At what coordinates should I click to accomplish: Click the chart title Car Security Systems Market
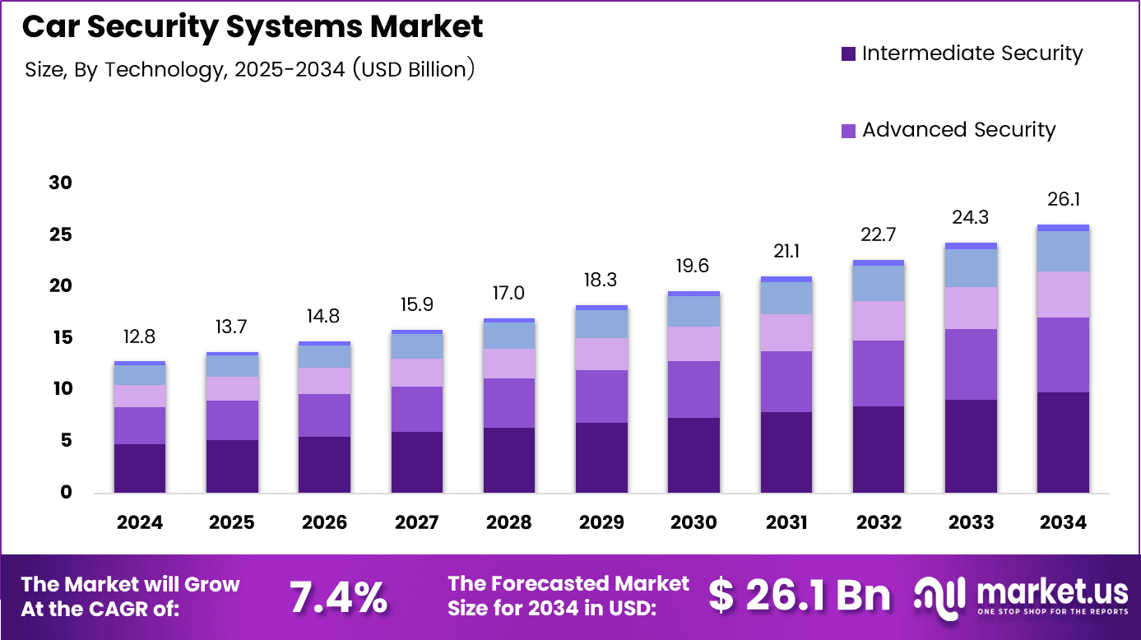pyautogui.click(x=253, y=27)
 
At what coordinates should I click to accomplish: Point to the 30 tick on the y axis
pyautogui.click(x=60, y=183)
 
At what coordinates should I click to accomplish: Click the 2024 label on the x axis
pyautogui.click(x=140, y=522)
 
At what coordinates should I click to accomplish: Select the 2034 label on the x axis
pyautogui.click(x=1063, y=522)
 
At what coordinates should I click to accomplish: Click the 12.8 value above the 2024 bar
pyautogui.click(x=140, y=336)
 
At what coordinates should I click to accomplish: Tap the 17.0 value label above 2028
pyautogui.click(x=508, y=294)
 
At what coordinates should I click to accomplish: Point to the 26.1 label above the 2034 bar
pyautogui.click(x=1063, y=199)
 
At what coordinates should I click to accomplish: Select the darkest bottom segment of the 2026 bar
pyautogui.click(x=324, y=465)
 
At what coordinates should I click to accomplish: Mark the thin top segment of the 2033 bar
pyautogui.click(x=971, y=246)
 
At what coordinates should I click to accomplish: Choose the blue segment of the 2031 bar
pyautogui.click(x=786, y=298)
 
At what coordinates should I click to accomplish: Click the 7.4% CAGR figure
pyautogui.click(x=338, y=597)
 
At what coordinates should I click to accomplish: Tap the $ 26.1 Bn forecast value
pyautogui.click(x=800, y=596)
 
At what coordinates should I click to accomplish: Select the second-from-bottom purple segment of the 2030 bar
pyautogui.click(x=693, y=389)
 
